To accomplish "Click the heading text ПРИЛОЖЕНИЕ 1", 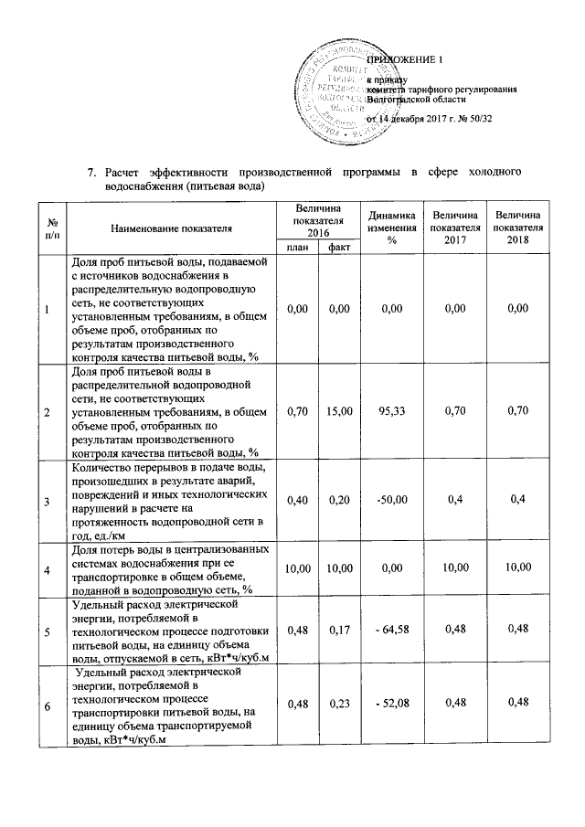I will click(403, 60).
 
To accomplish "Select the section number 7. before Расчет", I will click(91, 173).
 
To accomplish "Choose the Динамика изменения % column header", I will click(390, 227).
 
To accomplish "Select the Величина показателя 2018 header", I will click(518, 227).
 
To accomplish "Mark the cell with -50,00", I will click(390, 502).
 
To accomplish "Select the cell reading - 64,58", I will click(390, 631).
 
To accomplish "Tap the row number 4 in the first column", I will click(48, 570).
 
